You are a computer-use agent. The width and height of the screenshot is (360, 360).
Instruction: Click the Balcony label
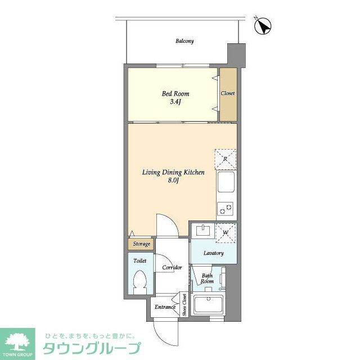click(184, 41)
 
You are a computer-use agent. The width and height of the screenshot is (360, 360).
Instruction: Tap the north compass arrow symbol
click(264, 25)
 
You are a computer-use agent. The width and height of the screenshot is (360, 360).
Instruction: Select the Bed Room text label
click(176, 93)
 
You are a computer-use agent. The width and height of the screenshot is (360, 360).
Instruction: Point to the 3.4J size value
click(175, 102)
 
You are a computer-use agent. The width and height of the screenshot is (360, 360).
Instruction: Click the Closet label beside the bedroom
click(227, 93)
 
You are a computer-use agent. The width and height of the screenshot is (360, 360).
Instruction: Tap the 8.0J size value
click(173, 181)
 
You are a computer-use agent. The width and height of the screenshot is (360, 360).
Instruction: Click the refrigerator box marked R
click(225, 159)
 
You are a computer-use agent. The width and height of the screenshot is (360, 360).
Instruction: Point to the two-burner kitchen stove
click(226, 209)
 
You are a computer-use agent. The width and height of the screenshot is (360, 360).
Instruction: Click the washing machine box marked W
click(225, 232)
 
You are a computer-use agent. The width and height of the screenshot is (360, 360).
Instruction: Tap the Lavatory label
click(214, 253)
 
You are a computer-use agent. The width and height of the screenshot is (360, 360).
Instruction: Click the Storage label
click(141, 245)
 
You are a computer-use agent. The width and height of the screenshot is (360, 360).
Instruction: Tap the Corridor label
click(172, 267)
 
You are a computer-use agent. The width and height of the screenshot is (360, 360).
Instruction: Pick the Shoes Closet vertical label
click(184, 305)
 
